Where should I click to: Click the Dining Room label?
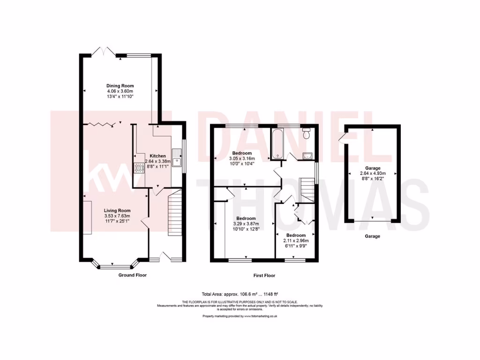120,86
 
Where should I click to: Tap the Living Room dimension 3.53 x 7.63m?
117,216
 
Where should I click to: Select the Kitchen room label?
157,156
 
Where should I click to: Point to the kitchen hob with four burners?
139,168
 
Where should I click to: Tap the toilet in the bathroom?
307,134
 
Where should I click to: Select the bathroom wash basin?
307,156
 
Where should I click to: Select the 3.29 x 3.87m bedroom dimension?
246,224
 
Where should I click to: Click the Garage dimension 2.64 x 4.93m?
373,173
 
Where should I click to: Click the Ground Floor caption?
132,275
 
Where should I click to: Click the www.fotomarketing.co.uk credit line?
240,316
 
